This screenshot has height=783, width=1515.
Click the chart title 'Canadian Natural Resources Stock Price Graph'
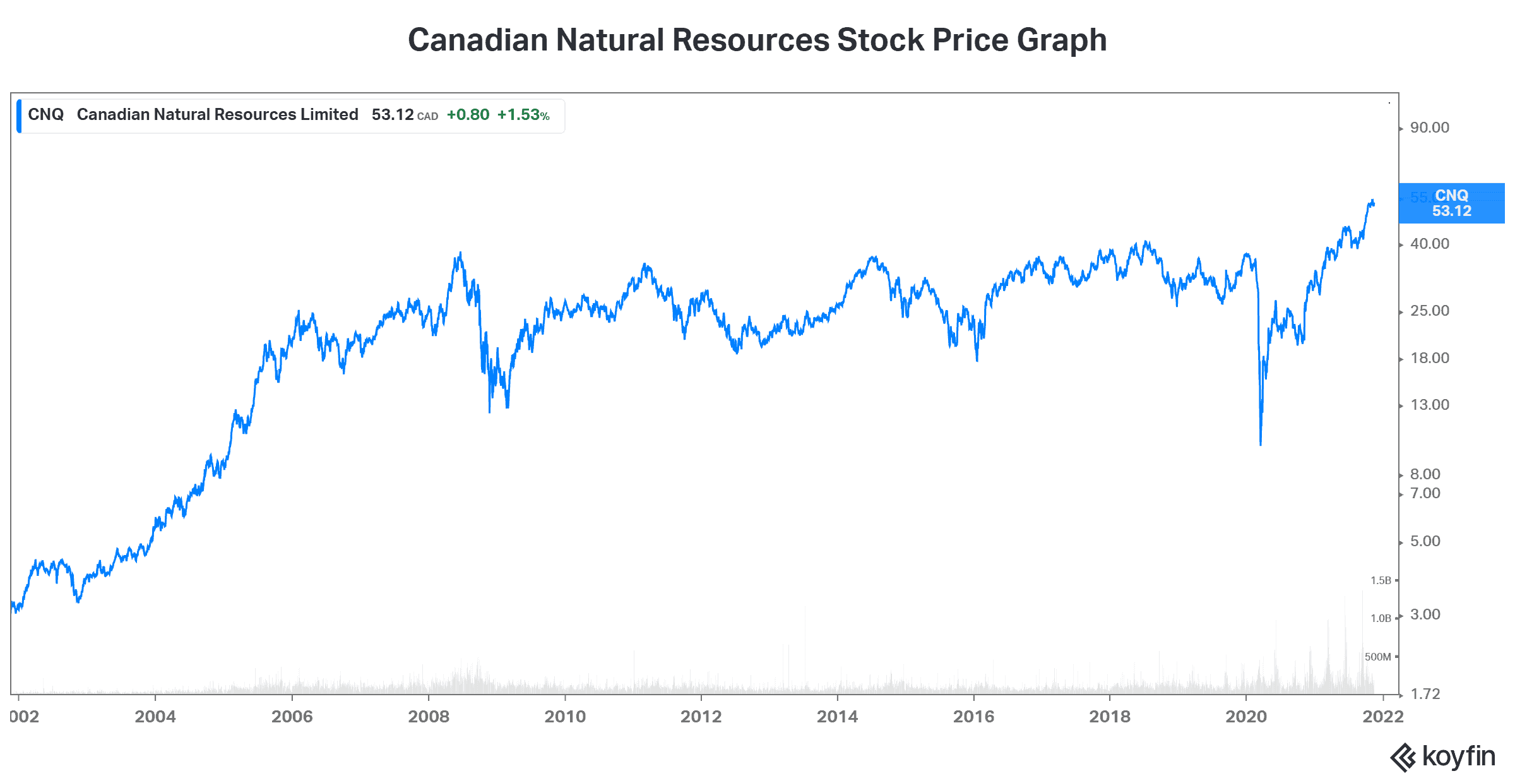click(x=757, y=40)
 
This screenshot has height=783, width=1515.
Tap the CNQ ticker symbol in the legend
click(x=45, y=114)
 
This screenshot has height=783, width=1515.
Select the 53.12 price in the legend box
click(x=392, y=115)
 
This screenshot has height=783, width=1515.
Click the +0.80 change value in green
click(x=468, y=115)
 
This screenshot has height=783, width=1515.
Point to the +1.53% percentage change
click(x=523, y=115)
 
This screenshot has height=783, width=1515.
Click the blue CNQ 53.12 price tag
click(x=1451, y=203)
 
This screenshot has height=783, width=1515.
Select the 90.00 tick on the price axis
click(x=1429, y=128)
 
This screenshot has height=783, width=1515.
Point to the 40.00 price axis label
click(x=1429, y=244)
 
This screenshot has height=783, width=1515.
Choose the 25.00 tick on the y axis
click(x=1429, y=311)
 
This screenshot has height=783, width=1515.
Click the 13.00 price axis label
click(x=1429, y=405)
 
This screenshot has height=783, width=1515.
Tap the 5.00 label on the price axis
click(x=1425, y=541)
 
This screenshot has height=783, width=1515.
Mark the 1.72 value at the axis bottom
click(x=1425, y=694)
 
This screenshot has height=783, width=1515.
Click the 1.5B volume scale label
click(x=1381, y=580)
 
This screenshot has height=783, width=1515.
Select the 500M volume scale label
click(x=1377, y=657)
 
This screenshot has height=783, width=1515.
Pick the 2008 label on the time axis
click(x=429, y=717)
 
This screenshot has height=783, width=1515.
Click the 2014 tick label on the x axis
click(x=837, y=717)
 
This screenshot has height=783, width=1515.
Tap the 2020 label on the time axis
click(x=1246, y=717)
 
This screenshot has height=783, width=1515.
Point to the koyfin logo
click(x=1442, y=756)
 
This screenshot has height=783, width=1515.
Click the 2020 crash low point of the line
click(x=1261, y=445)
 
